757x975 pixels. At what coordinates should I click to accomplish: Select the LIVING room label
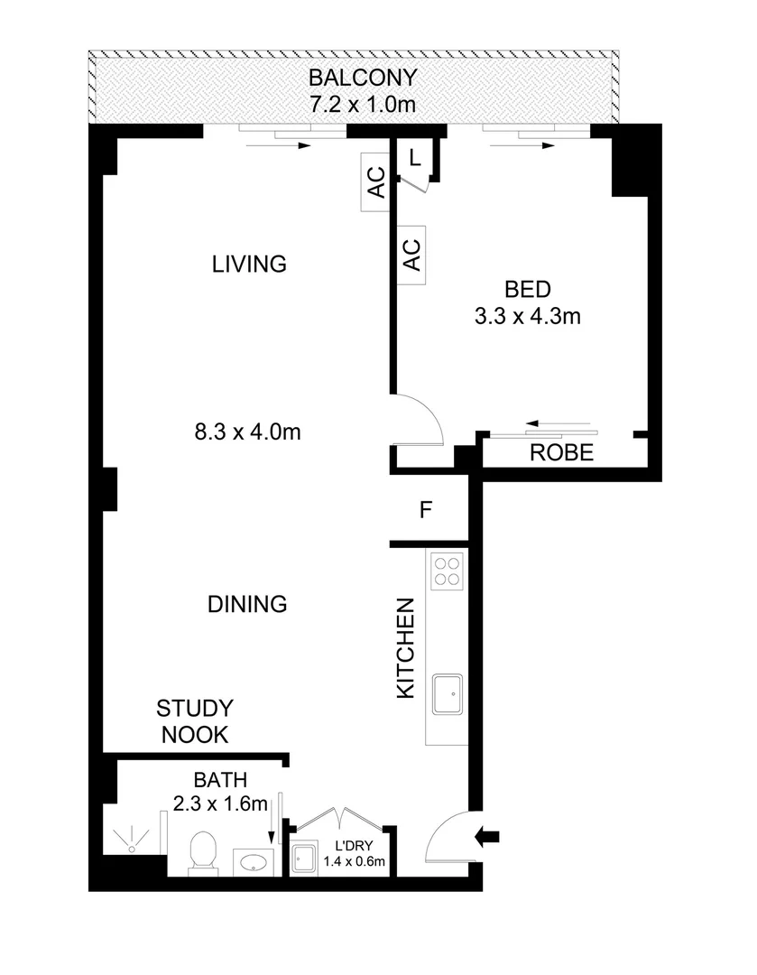(x=249, y=265)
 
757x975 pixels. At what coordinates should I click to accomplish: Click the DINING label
(x=246, y=604)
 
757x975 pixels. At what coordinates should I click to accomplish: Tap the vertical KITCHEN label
(x=407, y=648)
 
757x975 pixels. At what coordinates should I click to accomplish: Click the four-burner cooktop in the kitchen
(x=448, y=571)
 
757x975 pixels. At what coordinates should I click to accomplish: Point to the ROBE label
(x=561, y=454)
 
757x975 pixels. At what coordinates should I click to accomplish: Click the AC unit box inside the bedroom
(x=411, y=254)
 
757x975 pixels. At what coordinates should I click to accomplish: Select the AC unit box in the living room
(x=374, y=184)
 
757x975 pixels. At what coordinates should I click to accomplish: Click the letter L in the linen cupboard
(x=414, y=157)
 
